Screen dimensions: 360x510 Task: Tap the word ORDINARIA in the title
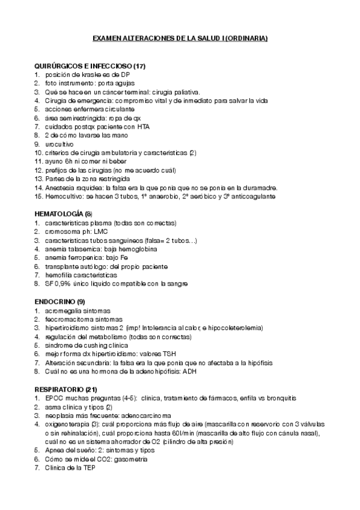coord(247,38)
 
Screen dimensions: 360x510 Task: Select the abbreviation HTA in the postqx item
coord(142,127)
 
